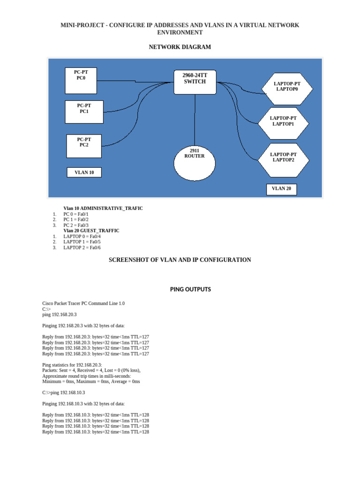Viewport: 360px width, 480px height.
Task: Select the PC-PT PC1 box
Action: (x=84, y=112)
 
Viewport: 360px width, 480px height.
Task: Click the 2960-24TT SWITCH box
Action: (x=195, y=83)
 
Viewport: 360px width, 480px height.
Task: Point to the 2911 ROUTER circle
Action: (x=195, y=163)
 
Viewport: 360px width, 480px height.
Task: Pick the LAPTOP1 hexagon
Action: (x=283, y=121)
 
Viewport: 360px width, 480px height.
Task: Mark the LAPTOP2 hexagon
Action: (x=283, y=157)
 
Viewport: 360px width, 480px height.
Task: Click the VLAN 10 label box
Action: (x=84, y=172)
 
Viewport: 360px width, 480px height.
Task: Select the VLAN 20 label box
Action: (x=282, y=188)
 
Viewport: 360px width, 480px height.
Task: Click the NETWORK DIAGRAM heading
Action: (x=180, y=47)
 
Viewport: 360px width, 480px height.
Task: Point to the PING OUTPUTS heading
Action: (x=190, y=289)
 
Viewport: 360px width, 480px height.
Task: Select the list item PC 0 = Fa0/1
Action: (x=76, y=214)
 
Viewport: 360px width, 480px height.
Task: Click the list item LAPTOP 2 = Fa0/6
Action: (x=82, y=247)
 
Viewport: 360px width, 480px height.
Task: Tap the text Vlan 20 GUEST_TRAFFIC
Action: (x=91, y=231)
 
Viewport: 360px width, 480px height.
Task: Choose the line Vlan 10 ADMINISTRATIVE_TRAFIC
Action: (x=103, y=208)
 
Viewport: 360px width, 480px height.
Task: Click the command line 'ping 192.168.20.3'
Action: (x=60, y=315)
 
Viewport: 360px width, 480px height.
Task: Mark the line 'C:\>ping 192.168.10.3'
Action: (x=64, y=392)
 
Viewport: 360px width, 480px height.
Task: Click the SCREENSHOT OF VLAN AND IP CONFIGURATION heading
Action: (x=180, y=260)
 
